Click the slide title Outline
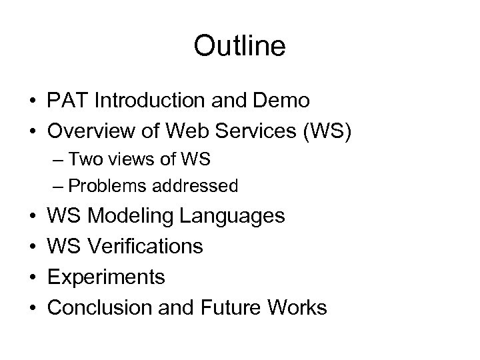click(239, 46)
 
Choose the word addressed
click(198, 185)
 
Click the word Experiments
click(106, 277)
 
